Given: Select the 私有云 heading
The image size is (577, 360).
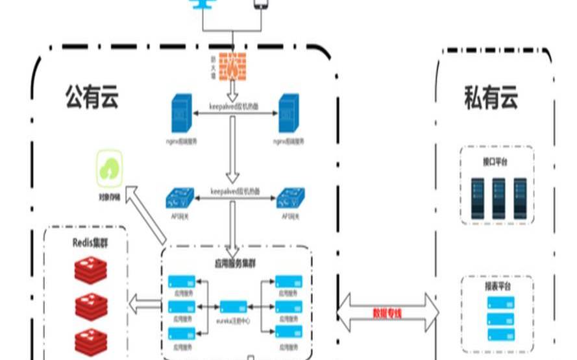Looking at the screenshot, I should click(491, 99).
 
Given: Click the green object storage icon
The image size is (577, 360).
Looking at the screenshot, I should click(110, 167).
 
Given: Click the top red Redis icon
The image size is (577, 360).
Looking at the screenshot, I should click(89, 270).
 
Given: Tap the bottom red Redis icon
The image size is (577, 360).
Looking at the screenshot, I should click(89, 341).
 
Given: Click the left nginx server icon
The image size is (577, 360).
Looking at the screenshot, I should click(180, 115).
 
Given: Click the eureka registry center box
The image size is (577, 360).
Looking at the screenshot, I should click(232, 306).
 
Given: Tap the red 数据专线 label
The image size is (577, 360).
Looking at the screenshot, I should click(387, 313).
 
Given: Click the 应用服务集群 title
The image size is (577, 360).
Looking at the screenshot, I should click(236, 264).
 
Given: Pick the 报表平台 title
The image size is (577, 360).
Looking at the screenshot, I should click(497, 286).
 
